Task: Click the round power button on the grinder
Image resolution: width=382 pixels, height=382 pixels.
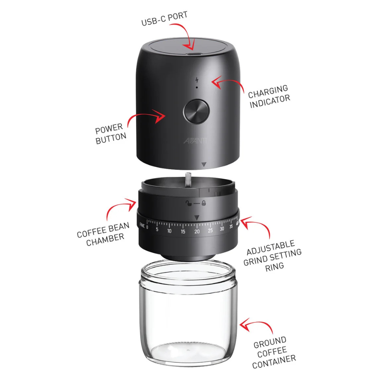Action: (x=196, y=111)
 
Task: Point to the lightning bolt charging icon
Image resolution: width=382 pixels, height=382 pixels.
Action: (x=197, y=80)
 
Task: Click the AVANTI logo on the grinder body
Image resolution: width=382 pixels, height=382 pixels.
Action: (x=195, y=141)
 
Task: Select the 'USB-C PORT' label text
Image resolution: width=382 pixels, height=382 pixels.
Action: (x=164, y=18)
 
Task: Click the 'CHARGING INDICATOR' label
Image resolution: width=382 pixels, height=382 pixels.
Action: (x=269, y=96)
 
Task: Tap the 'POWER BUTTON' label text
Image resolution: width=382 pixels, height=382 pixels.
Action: (x=111, y=133)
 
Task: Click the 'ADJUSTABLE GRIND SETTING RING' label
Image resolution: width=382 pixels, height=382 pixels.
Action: (x=273, y=256)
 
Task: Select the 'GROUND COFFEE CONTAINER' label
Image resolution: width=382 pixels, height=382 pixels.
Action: (x=274, y=353)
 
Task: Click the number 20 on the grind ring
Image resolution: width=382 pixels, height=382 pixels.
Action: (x=197, y=231)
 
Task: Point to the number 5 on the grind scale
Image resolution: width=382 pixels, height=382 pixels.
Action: (x=157, y=229)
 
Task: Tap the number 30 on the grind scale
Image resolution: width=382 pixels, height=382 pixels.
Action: (x=222, y=229)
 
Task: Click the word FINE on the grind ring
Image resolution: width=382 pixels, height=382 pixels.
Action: (x=142, y=225)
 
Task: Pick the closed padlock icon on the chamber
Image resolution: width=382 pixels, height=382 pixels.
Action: (x=204, y=203)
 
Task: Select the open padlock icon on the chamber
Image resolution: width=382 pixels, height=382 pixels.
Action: (x=188, y=203)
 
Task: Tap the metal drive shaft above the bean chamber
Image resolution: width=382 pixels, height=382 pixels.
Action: (x=188, y=180)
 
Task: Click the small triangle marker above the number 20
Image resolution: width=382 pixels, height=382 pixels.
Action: (x=197, y=217)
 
